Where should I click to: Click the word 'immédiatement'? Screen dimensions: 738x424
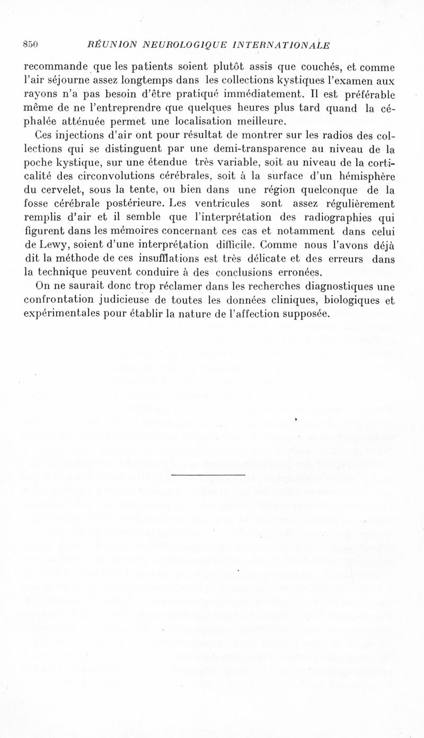pos(269,95)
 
